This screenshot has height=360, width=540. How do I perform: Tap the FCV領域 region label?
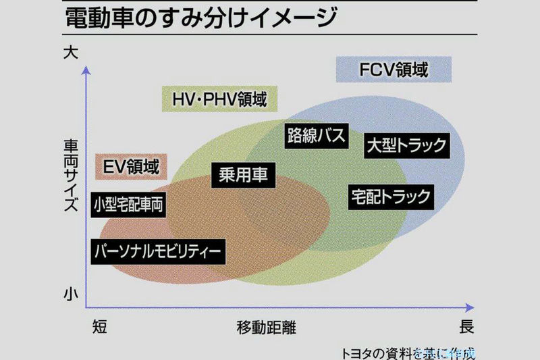click(x=394, y=69)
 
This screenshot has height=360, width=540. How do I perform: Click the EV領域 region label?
click(x=132, y=165)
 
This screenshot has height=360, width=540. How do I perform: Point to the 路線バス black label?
click(x=316, y=134)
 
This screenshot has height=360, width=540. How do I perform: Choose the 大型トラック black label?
click(x=407, y=145)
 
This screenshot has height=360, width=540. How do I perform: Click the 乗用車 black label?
click(x=244, y=176)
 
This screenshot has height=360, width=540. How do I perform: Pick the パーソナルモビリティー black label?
click(x=157, y=251)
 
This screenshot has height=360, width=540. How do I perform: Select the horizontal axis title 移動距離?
click(x=266, y=328)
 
